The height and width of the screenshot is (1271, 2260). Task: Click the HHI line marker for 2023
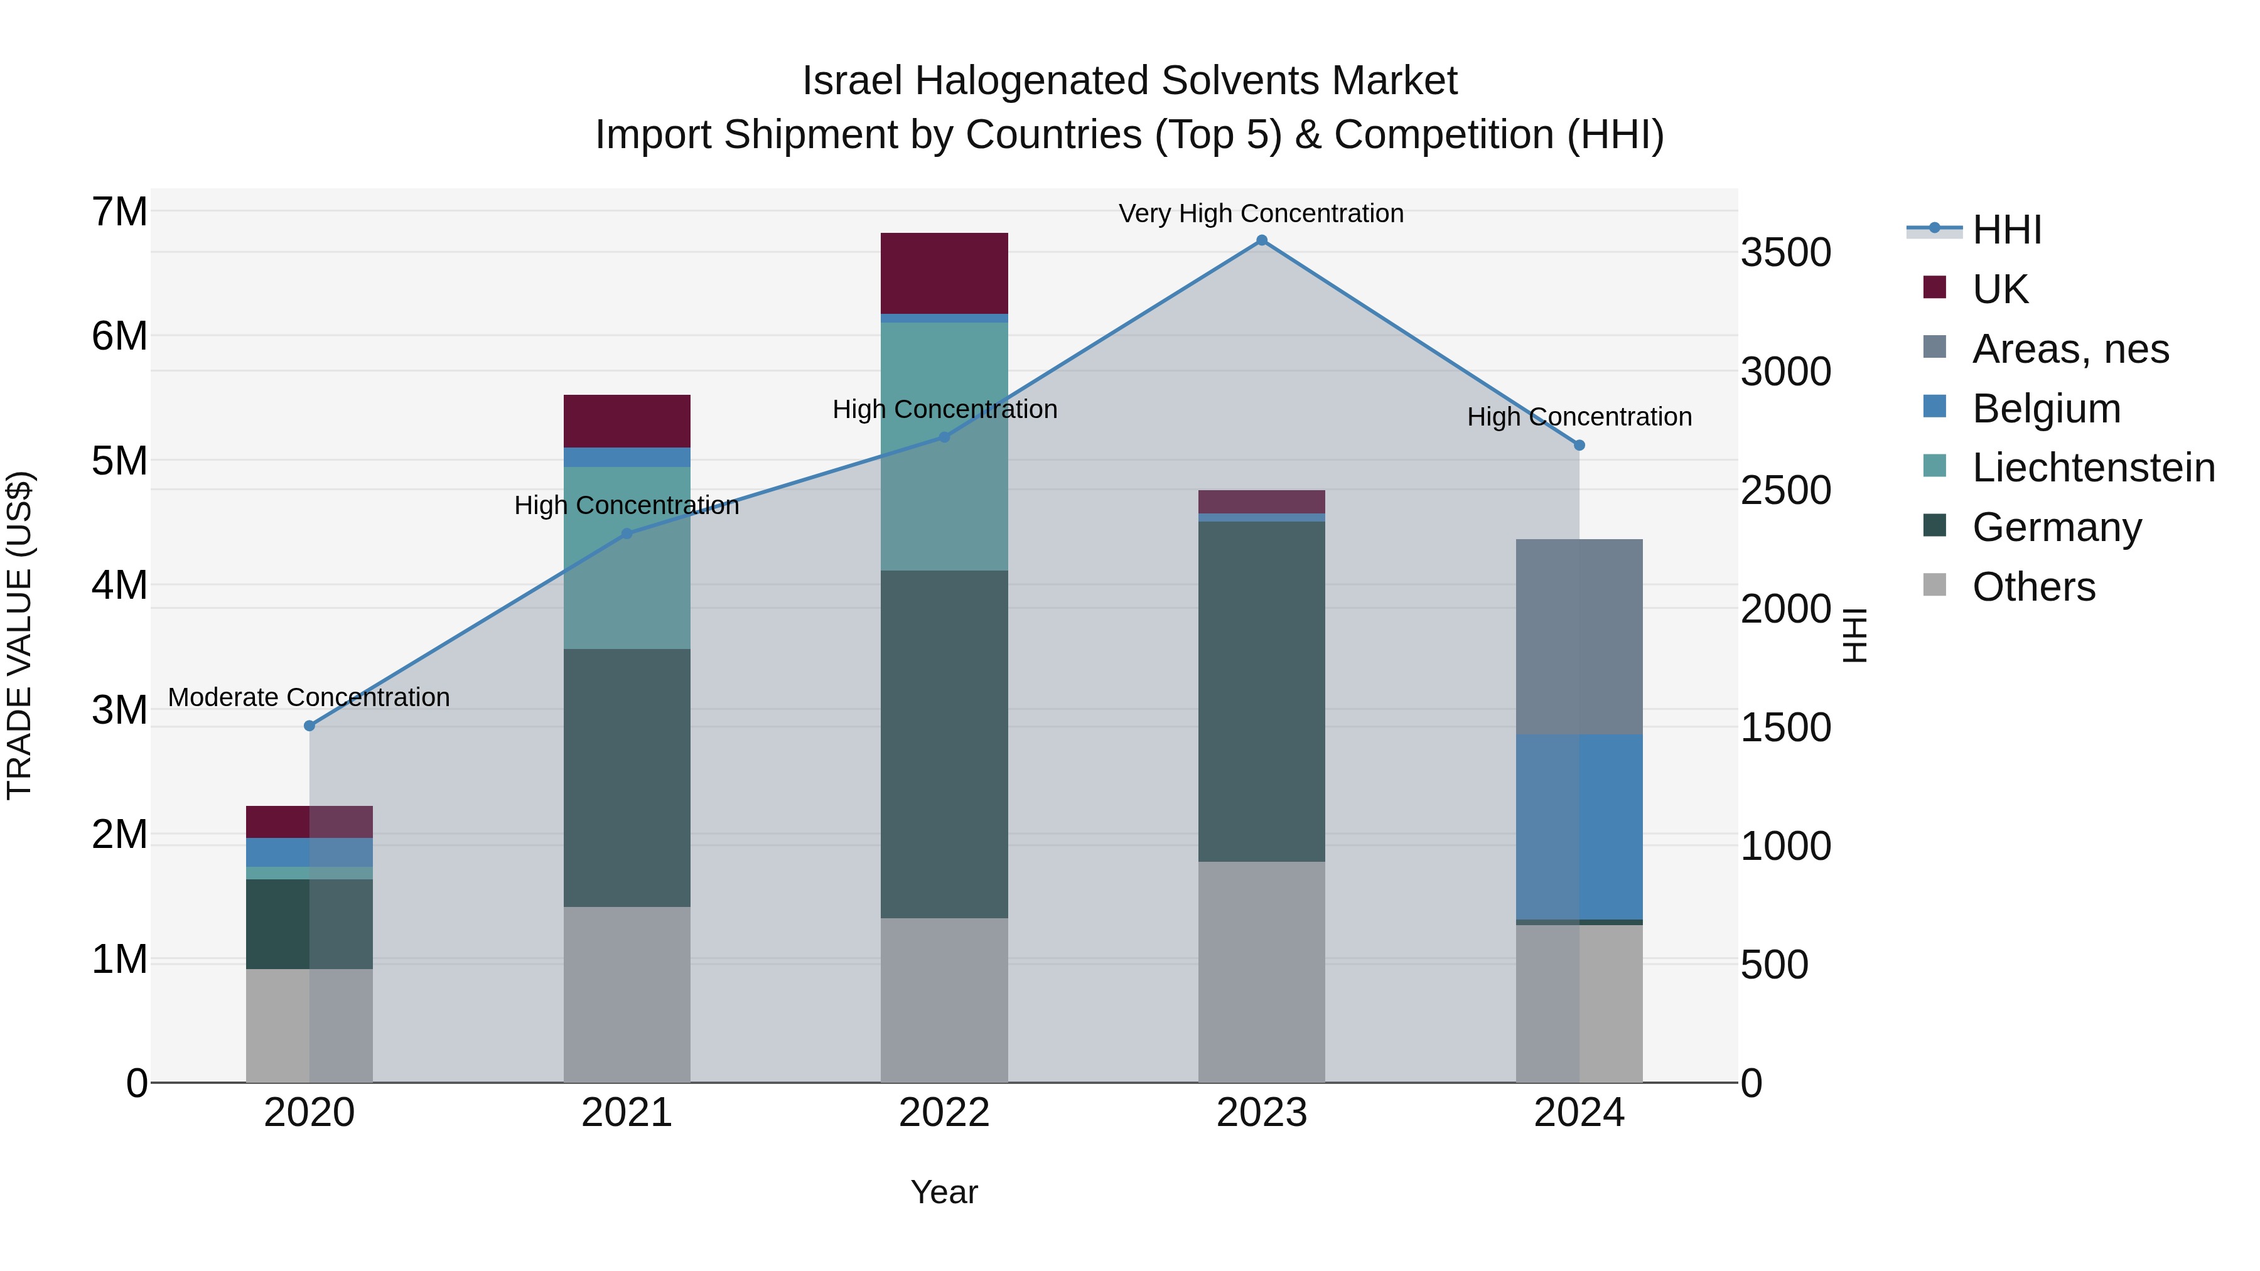pos(1262,240)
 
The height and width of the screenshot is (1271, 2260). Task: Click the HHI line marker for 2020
pos(309,726)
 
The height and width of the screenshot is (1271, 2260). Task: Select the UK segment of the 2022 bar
pos(944,273)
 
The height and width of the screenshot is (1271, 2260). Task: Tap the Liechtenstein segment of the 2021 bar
pos(627,558)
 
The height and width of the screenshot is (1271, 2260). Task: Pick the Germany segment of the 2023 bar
pos(1262,691)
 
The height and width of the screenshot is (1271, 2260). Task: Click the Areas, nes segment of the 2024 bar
pos(1579,637)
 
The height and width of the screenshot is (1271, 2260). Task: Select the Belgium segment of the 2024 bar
pos(1579,826)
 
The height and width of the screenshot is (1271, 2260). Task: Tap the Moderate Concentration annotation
pos(309,697)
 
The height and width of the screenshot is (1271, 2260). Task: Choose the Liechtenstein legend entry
pos(2092,468)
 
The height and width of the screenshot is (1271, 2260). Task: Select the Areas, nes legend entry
pos(2070,349)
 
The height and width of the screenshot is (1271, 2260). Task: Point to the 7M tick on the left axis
pos(119,212)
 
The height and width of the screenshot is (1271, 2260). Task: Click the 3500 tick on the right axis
pos(1786,252)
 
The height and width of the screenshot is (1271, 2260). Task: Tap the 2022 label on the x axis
pos(944,1113)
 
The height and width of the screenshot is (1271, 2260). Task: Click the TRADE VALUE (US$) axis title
pos(19,635)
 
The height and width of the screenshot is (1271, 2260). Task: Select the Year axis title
pos(944,1192)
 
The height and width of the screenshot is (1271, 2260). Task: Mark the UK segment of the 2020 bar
pos(309,821)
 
